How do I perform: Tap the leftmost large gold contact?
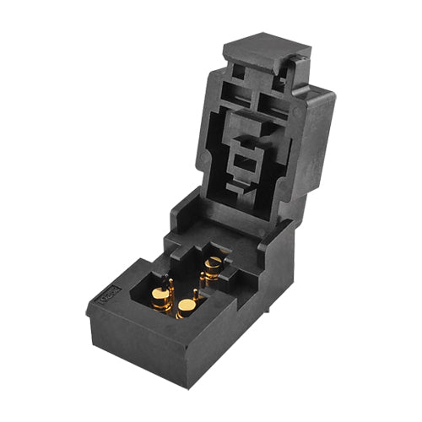[160, 297]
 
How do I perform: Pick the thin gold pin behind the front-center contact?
[196, 294]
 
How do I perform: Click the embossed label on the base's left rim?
[109, 296]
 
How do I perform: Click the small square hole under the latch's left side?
[239, 73]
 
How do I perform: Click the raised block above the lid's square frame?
[250, 127]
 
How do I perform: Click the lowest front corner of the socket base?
[187, 386]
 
